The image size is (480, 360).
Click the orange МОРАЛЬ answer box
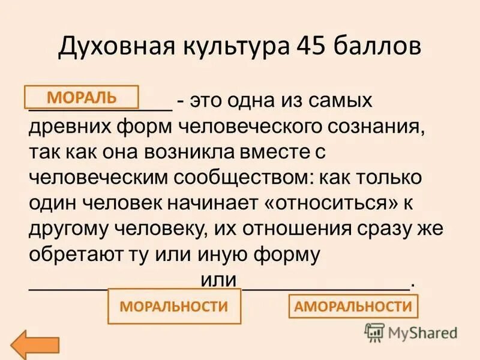click(x=82, y=97)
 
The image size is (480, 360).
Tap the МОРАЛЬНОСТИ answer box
click(x=174, y=307)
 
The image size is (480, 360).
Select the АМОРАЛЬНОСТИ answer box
click(x=353, y=307)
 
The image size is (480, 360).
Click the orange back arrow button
click(x=37, y=344)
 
